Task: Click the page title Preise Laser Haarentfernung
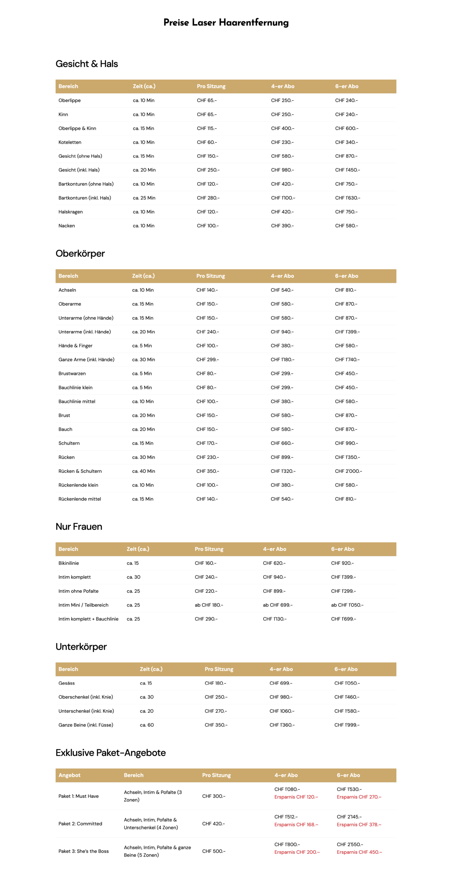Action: click(x=226, y=23)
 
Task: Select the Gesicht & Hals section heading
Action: click(x=87, y=64)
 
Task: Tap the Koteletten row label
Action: click(x=70, y=142)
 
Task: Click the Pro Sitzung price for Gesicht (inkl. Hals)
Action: click(x=208, y=170)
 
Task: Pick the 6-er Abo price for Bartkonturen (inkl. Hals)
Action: click(x=347, y=198)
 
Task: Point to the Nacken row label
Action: click(x=67, y=225)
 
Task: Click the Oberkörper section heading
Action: click(x=80, y=253)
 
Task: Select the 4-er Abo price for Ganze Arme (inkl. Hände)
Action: click(x=282, y=359)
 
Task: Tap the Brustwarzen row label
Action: click(x=72, y=373)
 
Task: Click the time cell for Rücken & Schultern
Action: click(x=144, y=471)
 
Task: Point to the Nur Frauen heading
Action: click(x=79, y=526)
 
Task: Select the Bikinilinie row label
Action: click(x=69, y=563)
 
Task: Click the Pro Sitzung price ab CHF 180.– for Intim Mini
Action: click(x=209, y=605)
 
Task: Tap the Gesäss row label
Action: click(x=67, y=683)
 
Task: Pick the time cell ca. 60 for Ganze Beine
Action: click(x=147, y=725)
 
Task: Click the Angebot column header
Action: click(x=69, y=775)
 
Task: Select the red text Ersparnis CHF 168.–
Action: click(x=296, y=825)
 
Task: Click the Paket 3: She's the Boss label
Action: click(x=83, y=851)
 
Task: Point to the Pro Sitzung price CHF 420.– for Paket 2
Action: click(x=213, y=824)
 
